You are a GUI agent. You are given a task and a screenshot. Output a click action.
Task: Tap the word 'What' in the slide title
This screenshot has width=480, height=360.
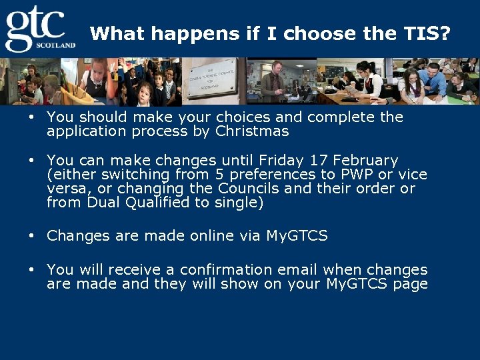coord(111,33)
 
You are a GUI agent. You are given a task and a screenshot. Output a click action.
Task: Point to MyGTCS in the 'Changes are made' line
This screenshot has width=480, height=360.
coord(297,236)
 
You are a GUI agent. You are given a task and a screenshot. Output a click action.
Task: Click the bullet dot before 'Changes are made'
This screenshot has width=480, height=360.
coord(31,236)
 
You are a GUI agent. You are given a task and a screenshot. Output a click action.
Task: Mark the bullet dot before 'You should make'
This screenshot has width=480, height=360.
coord(31,117)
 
